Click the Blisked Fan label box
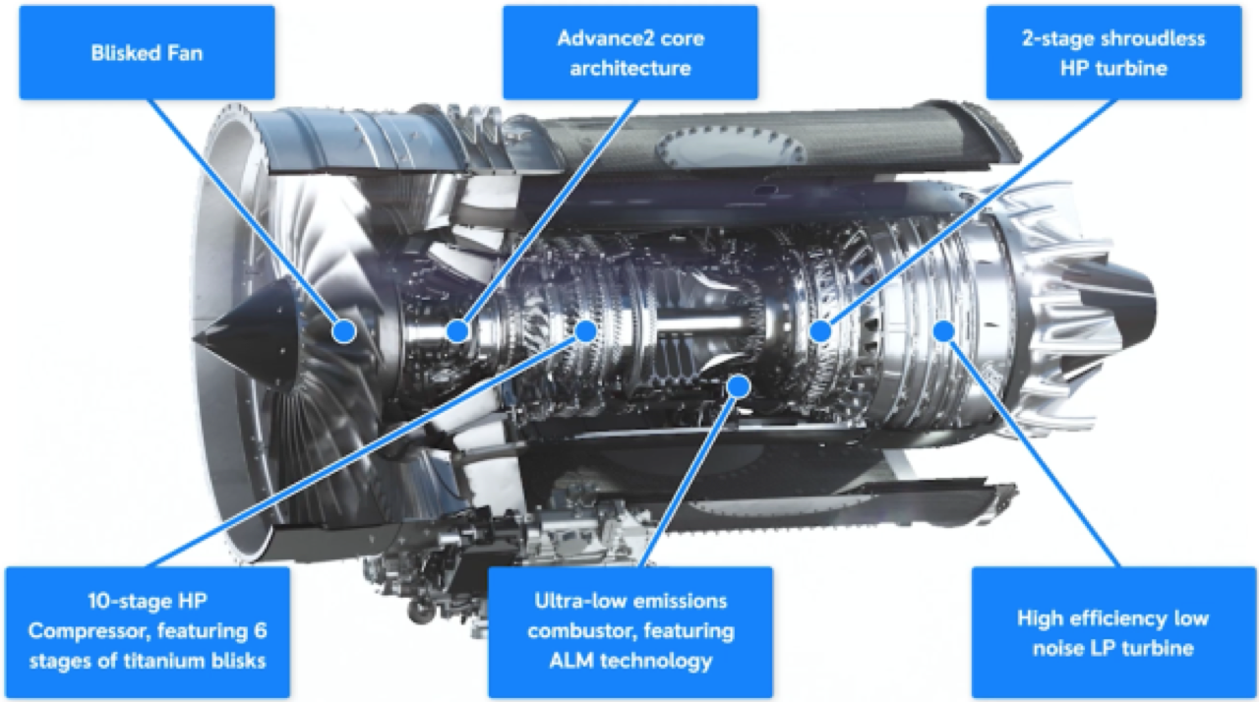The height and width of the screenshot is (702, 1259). pyautogui.click(x=146, y=51)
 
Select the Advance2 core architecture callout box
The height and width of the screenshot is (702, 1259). pyautogui.click(x=629, y=53)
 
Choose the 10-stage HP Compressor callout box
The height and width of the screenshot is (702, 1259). pyautogui.click(x=148, y=630)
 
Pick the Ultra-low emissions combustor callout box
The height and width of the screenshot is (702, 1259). pyautogui.click(x=629, y=630)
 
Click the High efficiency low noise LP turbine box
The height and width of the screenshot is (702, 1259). pyautogui.click(x=1111, y=632)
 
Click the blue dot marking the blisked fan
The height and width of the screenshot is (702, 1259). pyautogui.click(x=343, y=331)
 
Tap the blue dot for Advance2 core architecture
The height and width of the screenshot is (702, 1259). pyautogui.click(x=456, y=331)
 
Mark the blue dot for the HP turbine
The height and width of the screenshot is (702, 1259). pyautogui.click(x=820, y=331)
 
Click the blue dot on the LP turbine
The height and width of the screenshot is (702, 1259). pyautogui.click(x=943, y=330)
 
